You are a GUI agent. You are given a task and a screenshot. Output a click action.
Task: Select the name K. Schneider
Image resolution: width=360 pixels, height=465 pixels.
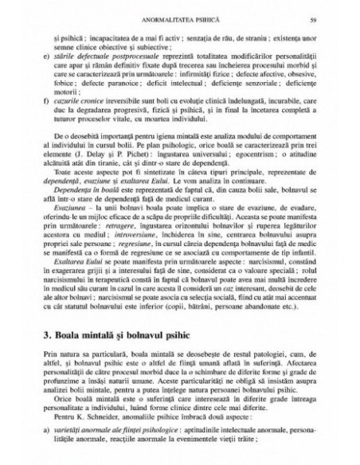tap(111, 435)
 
